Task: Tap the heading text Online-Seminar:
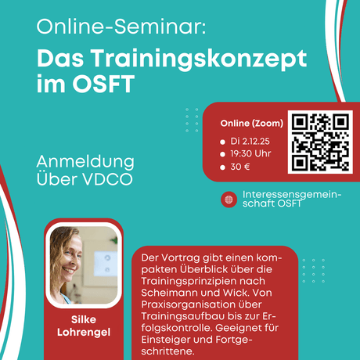click(121, 28)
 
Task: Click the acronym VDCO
click(109, 179)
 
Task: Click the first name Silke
click(84, 320)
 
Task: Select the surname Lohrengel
click(84, 334)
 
